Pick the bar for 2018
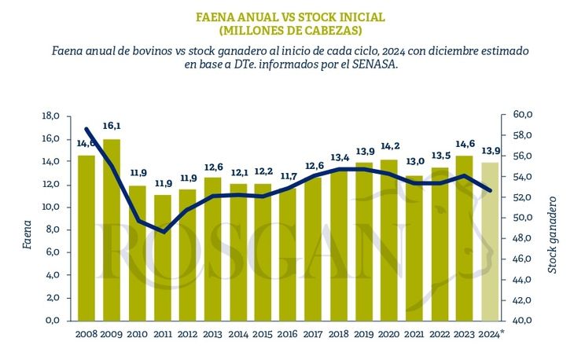(x=339, y=248)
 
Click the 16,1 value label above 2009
(x=112, y=126)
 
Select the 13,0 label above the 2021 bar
(x=414, y=161)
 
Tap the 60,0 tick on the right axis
(x=524, y=115)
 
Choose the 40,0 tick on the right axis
(x=524, y=321)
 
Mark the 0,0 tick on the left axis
(x=53, y=321)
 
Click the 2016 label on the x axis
(x=288, y=335)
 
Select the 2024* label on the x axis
(x=491, y=335)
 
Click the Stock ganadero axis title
(x=552, y=234)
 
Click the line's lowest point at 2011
(x=162, y=231)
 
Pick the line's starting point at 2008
(x=86, y=129)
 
